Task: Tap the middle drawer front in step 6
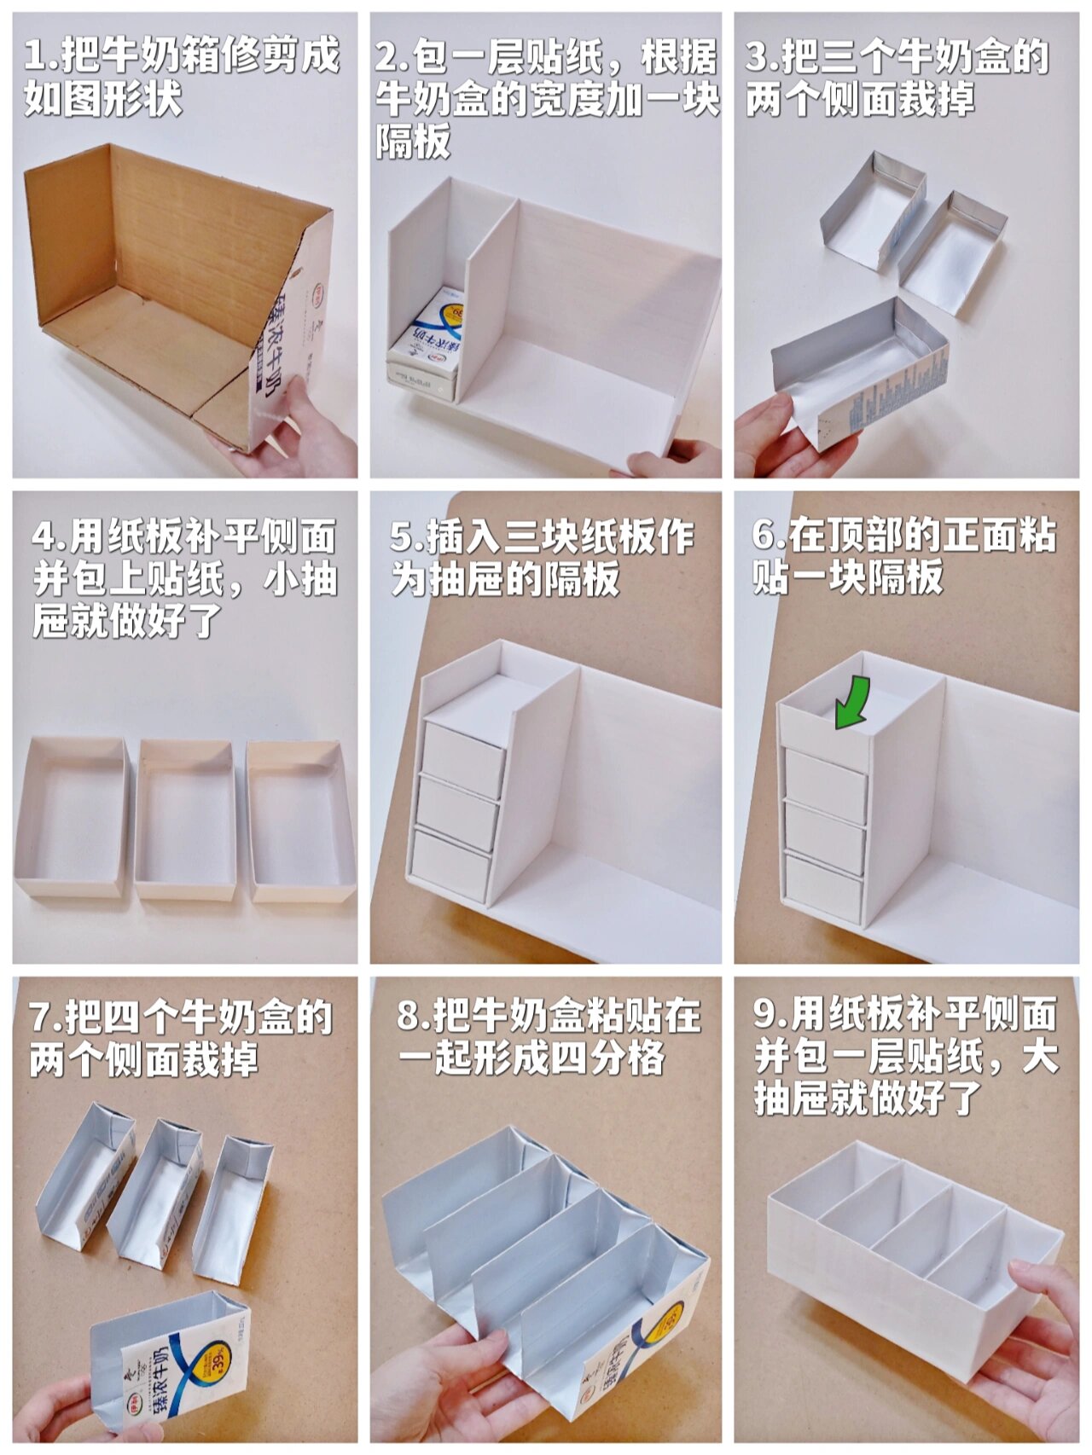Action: (824, 825)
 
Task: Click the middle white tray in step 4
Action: (185, 819)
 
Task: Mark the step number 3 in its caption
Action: (758, 56)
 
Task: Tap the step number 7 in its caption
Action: (41, 1017)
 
